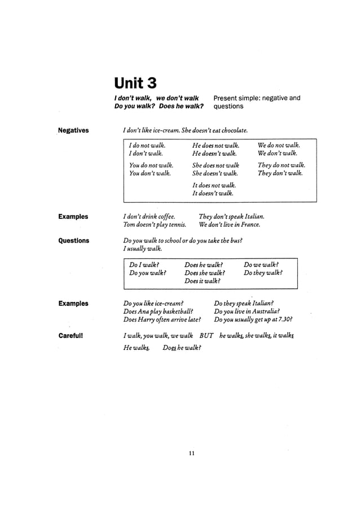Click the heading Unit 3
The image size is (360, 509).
(135, 84)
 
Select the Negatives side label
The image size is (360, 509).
(73, 131)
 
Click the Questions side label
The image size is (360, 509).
(74, 241)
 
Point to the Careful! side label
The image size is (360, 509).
(71, 336)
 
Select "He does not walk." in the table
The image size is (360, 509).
(216, 145)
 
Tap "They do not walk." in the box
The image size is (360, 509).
(281, 165)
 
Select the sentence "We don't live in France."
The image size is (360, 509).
(229, 225)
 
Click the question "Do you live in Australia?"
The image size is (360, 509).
(247, 311)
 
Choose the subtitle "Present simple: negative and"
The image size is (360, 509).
(257, 98)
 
